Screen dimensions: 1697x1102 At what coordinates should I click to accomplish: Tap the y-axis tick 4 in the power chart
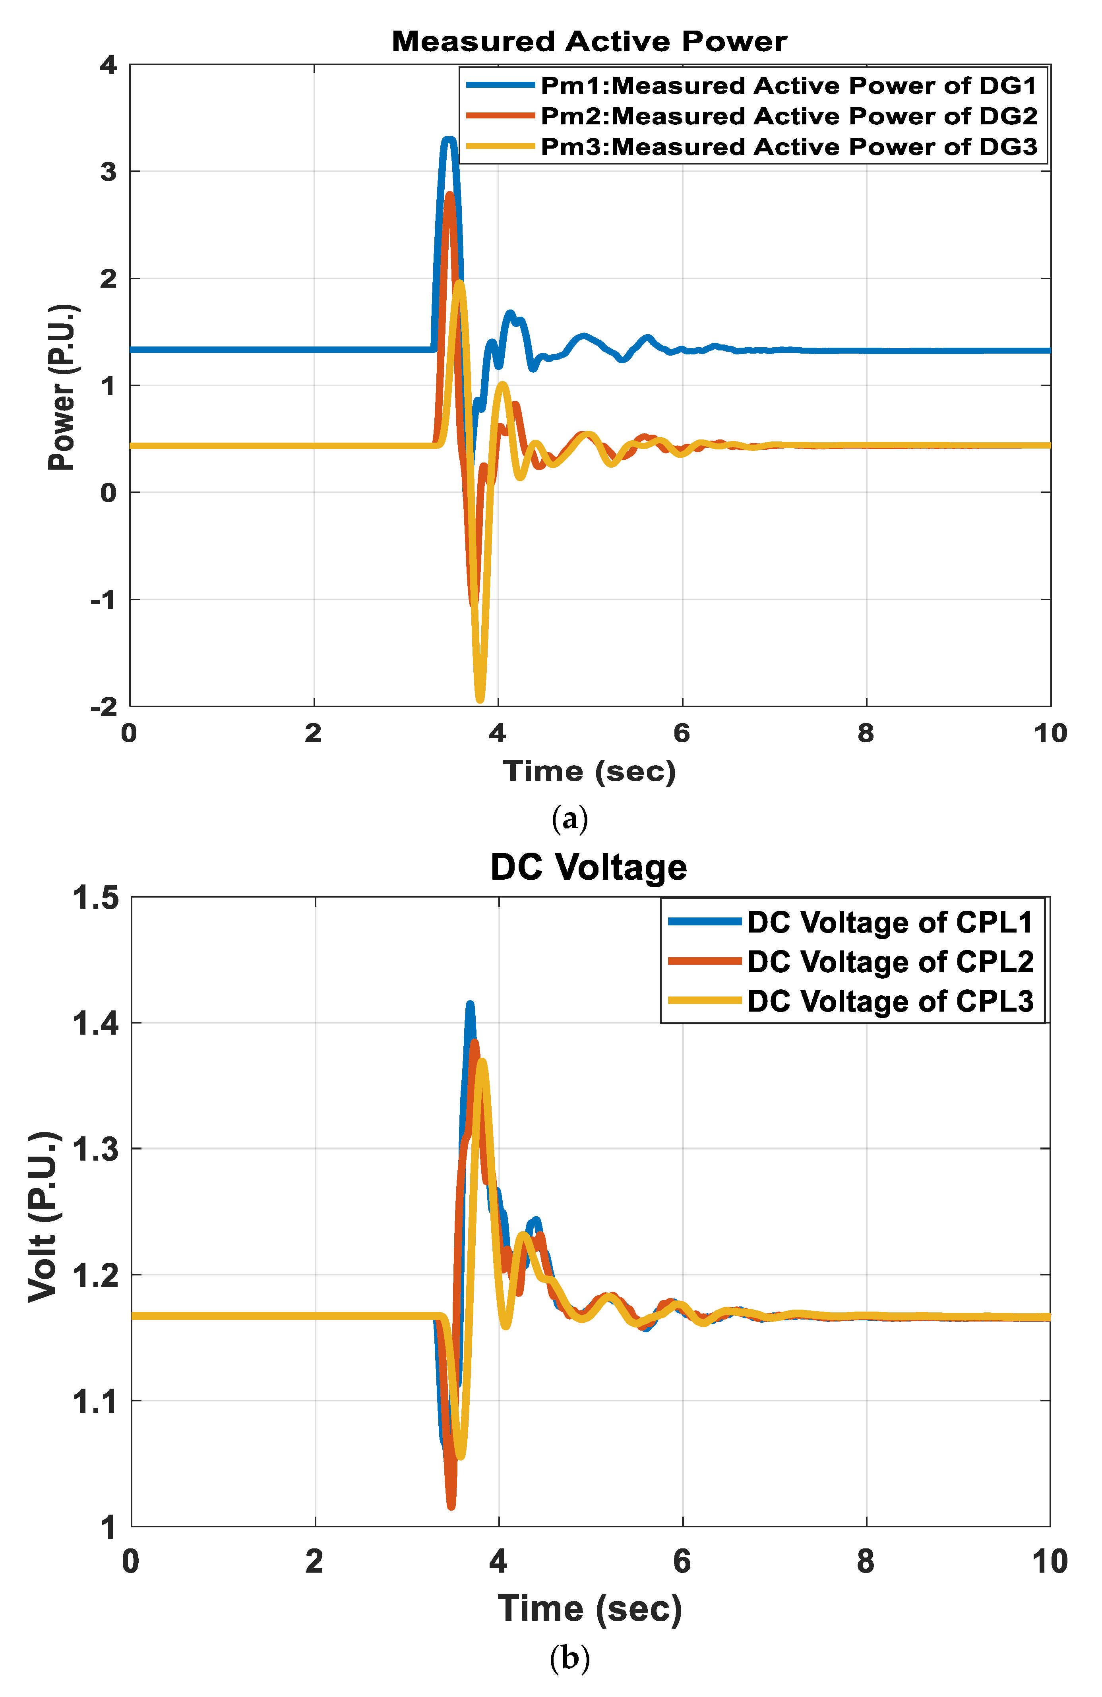(x=108, y=66)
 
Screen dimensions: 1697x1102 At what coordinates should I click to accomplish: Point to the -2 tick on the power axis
(x=104, y=706)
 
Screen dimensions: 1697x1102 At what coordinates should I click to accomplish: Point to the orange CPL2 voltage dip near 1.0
(x=451, y=1504)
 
